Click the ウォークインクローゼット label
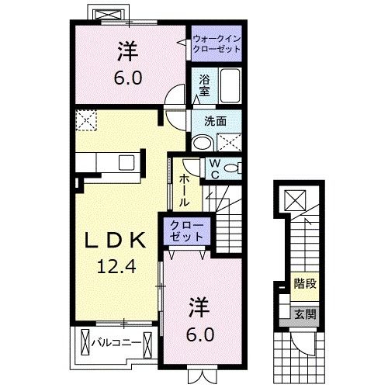pyautogui.click(x=217, y=43)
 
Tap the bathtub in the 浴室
pyautogui.click(x=230, y=86)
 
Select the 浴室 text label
pyautogui.click(x=204, y=85)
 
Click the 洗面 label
pyautogui.click(x=215, y=121)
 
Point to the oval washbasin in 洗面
pyautogui.click(x=203, y=142)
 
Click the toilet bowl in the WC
pyautogui.click(x=231, y=168)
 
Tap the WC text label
pyautogui.click(x=215, y=168)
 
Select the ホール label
pyautogui.click(x=184, y=189)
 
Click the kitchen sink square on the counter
pyautogui.click(x=126, y=162)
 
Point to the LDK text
pyautogui.click(x=115, y=241)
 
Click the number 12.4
pyautogui.click(x=116, y=266)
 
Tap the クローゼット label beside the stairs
pyautogui.click(x=186, y=230)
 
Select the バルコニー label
pyautogui.click(x=116, y=343)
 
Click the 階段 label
pyautogui.click(x=305, y=284)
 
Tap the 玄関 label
pyautogui.click(x=306, y=314)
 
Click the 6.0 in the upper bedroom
pyautogui.click(x=128, y=78)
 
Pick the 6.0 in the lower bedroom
pyautogui.click(x=200, y=334)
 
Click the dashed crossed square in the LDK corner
pyautogui.click(x=86, y=120)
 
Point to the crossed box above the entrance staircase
pyautogui.click(x=295, y=200)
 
